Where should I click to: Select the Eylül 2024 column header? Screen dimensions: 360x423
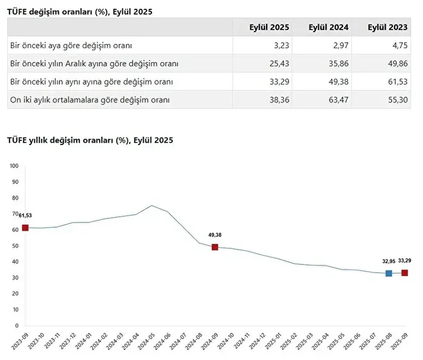[328, 27]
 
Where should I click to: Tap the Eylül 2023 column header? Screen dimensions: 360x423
[387, 27]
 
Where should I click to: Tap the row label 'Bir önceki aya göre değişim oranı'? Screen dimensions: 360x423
[71, 45]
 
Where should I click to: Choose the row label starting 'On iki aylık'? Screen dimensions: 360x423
[90, 100]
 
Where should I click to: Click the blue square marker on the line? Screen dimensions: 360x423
[389, 273]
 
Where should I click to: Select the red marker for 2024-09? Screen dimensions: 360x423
[215, 247]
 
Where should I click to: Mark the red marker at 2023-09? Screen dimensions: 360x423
[25, 228]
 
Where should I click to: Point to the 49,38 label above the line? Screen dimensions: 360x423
[215, 235]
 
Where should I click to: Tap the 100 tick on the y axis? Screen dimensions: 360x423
[15, 166]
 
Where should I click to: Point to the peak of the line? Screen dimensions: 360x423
[152, 206]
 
